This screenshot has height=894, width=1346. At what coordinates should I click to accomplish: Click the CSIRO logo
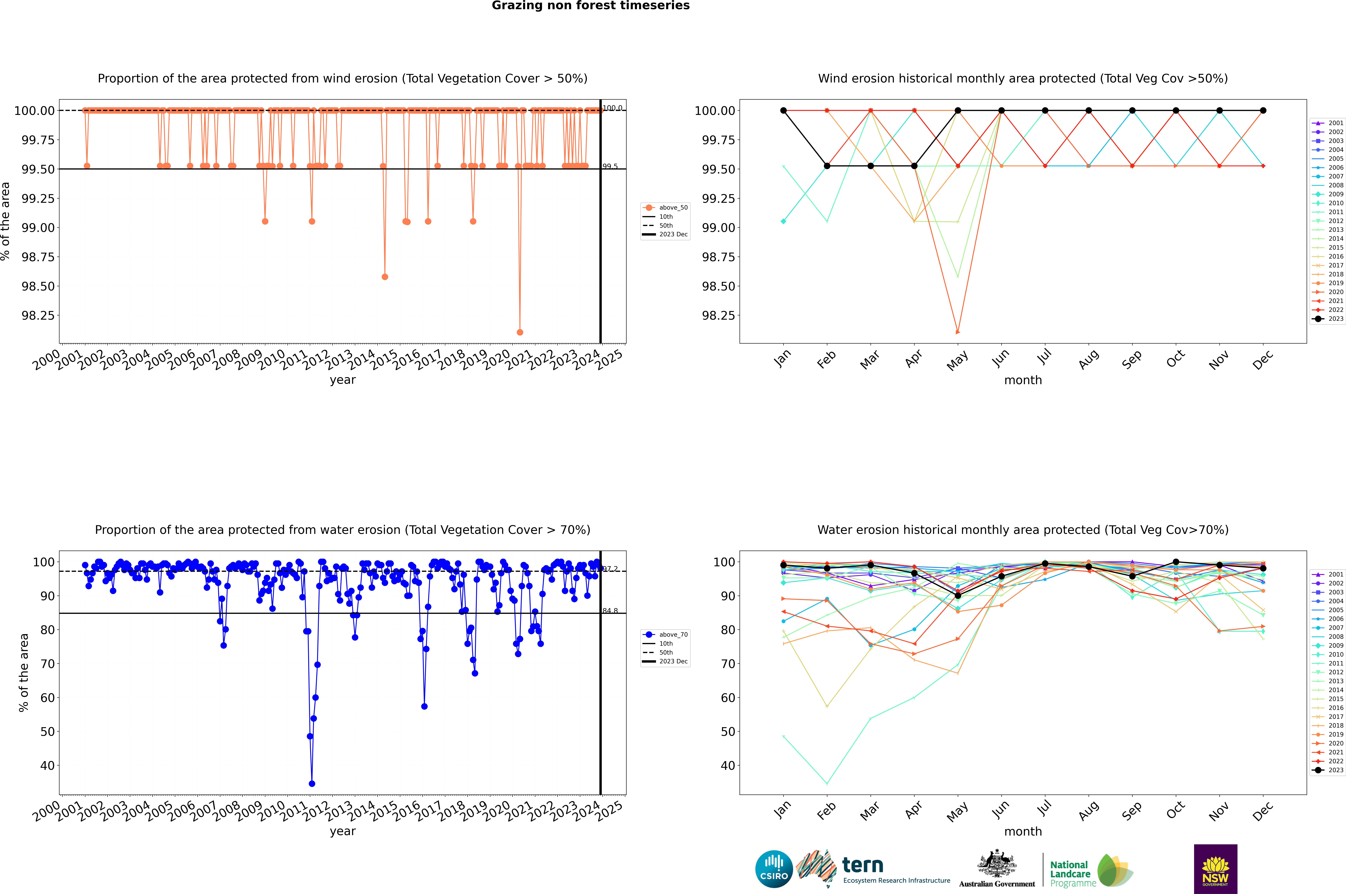[x=774, y=869]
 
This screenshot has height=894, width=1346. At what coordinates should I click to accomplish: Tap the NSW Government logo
[x=1215, y=869]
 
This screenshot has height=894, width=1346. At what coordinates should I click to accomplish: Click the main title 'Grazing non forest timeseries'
[x=591, y=6]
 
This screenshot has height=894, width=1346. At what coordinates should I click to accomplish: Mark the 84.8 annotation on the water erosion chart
[x=610, y=611]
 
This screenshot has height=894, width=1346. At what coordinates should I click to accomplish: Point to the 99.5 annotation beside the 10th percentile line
[x=610, y=167]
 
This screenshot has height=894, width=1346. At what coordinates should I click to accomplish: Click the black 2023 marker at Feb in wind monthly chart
[x=827, y=166]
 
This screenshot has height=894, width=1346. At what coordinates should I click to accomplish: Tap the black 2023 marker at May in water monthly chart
[x=958, y=596]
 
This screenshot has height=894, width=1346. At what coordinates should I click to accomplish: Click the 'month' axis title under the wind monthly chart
[x=1022, y=380]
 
